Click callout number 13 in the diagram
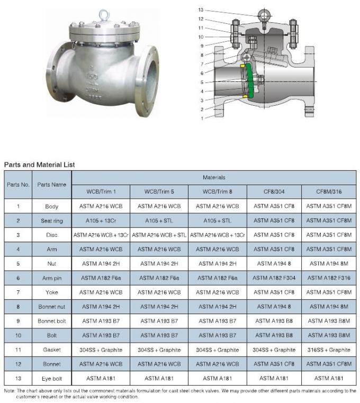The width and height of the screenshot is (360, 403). tap(201, 10)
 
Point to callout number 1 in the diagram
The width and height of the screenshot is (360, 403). tap(201, 118)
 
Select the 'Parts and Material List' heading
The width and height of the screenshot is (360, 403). tap(40, 164)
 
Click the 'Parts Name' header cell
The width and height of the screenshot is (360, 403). tap(52, 185)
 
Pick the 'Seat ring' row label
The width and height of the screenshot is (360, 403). tap(52, 221)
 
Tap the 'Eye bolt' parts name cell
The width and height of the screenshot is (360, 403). tap(52, 378)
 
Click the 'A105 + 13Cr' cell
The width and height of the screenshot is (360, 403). tap(101, 221)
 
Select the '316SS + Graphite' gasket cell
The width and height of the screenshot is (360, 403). tap(329, 350)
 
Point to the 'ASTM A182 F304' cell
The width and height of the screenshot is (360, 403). tap(274, 278)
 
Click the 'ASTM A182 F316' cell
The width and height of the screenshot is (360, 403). tap(329, 278)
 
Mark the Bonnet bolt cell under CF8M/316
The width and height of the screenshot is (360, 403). tap(329, 321)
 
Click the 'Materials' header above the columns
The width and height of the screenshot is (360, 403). tap(214, 178)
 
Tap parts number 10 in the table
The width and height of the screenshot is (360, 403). tap(18, 335)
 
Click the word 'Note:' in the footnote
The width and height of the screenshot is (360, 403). tap(10, 391)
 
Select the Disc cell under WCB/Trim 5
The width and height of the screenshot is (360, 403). tap(159, 235)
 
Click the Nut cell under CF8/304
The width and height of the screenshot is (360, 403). tap(274, 263)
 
